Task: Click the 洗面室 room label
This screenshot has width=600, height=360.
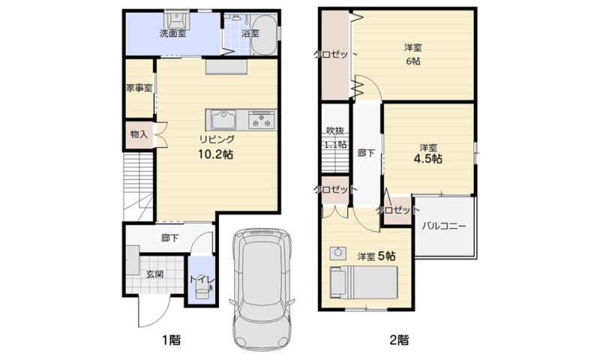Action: click(173, 33)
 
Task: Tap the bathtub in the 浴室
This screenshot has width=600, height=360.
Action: click(264, 35)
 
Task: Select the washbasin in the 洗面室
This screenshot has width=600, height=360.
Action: click(177, 19)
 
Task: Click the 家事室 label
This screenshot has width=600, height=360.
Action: click(139, 88)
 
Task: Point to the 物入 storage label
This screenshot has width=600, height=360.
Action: click(139, 134)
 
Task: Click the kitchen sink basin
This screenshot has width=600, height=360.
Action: click(223, 120)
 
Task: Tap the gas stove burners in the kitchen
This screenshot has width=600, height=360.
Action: click(262, 119)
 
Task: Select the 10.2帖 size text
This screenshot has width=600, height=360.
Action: click(215, 154)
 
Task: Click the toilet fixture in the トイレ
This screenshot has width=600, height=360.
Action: click(202, 288)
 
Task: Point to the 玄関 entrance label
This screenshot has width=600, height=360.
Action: click(155, 274)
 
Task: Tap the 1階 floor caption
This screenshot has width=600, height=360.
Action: click(171, 339)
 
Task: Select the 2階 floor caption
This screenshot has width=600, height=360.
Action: click(399, 339)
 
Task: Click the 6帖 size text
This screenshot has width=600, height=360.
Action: click(413, 61)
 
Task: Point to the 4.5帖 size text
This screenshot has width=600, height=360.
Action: click(427, 159)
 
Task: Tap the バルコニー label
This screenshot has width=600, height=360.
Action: click(444, 226)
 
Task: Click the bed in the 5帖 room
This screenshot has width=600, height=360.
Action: click(364, 282)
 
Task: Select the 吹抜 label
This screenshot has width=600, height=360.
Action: click(334, 130)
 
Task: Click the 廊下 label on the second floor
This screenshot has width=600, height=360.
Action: click(366, 154)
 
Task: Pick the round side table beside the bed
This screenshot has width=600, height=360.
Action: click(338, 253)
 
